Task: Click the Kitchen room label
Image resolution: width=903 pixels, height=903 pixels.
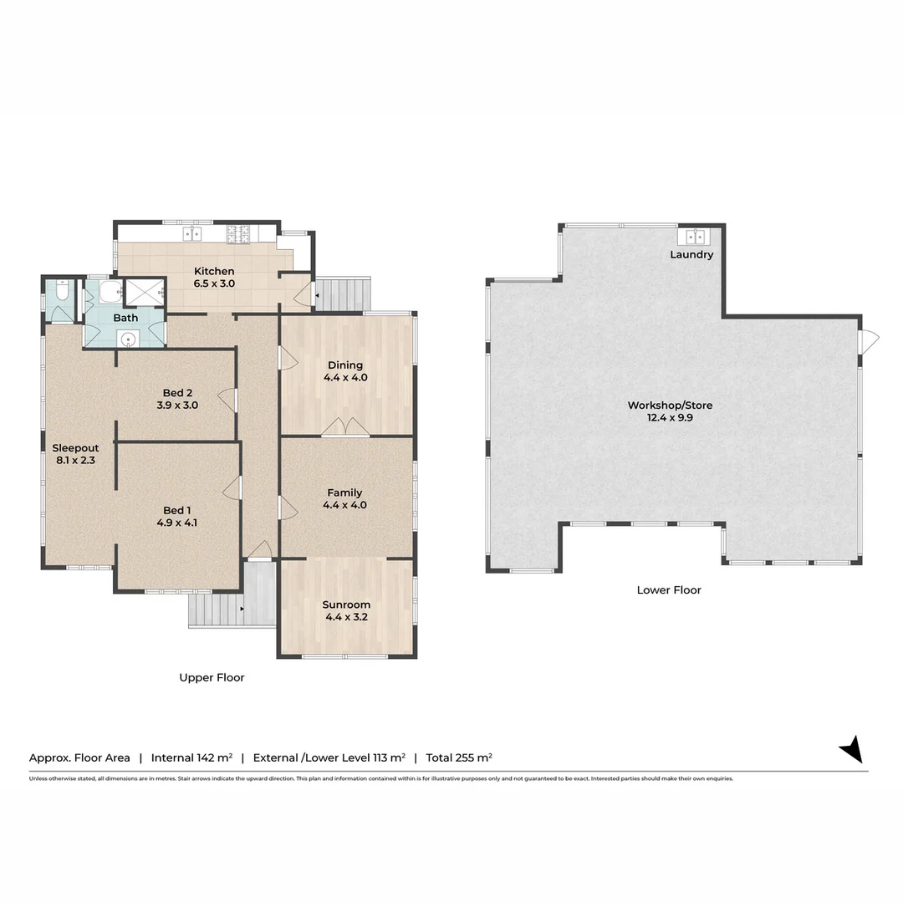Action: coord(214,271)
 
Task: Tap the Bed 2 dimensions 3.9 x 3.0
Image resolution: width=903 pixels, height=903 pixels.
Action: coord(178,406)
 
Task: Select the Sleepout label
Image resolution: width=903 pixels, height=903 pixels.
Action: coord(75,447)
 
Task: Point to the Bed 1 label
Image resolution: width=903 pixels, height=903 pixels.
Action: coord(177,510)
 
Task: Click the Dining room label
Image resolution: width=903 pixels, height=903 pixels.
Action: coord(345,365)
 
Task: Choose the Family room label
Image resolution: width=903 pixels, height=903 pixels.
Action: coord(345,492)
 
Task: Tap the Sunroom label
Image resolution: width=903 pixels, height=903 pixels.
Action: coord(346,605)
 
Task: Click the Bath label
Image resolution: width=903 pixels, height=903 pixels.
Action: coord(125,318)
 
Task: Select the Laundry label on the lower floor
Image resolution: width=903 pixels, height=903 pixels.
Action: coord(691,254)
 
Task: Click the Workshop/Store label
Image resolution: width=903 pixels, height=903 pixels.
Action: coord(670,406)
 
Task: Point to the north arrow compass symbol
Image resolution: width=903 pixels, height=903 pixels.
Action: coord(851,748)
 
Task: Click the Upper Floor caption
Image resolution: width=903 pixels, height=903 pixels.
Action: coord(212,677)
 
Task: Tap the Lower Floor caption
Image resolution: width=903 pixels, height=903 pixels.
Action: coord(669,589)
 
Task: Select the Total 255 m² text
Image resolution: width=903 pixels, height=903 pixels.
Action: coord(459,758)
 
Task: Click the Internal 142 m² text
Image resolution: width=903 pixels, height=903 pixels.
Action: coord(191,758)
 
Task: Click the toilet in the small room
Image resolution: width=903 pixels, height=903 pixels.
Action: coord(63,293)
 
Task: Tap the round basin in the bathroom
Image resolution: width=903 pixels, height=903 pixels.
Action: coord(127,339)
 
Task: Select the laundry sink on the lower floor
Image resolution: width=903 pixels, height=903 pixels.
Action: coord(696,236)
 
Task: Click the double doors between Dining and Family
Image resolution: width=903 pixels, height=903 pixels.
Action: coord(345,427)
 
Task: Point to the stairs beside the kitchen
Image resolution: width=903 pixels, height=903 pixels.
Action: coord(343,294)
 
